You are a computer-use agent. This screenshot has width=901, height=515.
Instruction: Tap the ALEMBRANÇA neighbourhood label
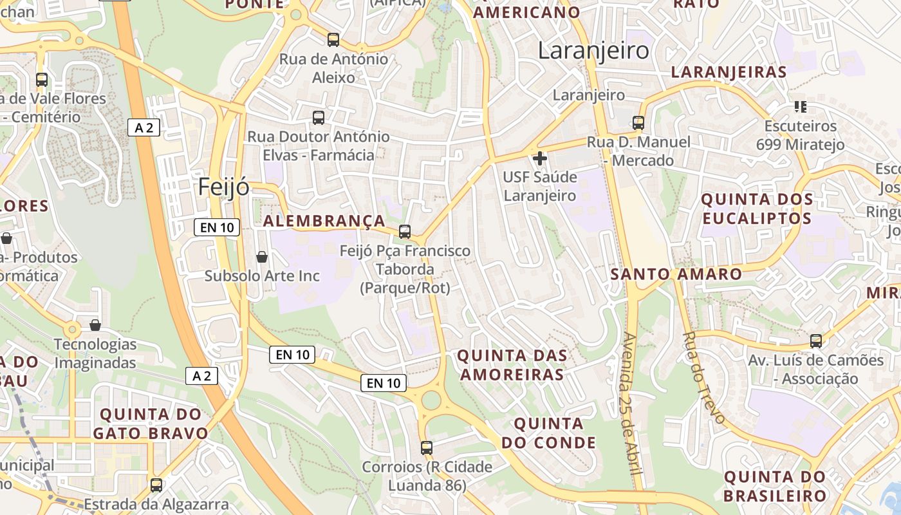click(x=324, y=221)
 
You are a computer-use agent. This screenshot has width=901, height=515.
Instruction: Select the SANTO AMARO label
click(x=676, y=274)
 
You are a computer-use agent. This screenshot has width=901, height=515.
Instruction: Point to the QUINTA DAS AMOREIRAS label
click(x=512, y=364)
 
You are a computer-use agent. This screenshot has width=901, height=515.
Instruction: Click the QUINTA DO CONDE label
click(x=548, y=433)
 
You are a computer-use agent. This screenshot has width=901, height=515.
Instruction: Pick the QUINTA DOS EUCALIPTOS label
click(x=757, y=208)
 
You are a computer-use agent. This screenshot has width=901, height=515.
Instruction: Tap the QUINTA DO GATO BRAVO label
click(x=151, y=423)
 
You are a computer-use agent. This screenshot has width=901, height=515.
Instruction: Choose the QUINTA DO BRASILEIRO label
click(x=775, y=486)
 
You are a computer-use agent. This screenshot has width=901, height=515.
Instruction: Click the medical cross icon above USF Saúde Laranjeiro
click(x=540, y=158)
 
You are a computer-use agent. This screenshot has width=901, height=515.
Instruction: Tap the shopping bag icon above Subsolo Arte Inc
click(x=262, y=257)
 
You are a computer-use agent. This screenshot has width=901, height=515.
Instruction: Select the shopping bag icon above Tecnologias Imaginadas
click(x=95, y=325)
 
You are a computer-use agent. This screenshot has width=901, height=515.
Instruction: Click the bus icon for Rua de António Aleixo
click(x=333, y=40)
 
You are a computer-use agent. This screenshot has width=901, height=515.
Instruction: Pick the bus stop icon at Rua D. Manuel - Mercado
click(x=638, y=122)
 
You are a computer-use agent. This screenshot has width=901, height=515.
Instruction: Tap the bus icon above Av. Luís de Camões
click(x=816, y=341)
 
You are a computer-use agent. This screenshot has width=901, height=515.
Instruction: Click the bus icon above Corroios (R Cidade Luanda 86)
click(x=426, y=447)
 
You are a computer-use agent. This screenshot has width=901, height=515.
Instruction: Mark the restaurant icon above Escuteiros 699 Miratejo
click(x=801, y=106)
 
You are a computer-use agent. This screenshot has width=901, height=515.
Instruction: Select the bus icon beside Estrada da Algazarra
click(x=156, y=485)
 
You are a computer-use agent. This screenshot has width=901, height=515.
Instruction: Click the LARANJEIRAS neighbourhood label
click(x=729, y=71)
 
